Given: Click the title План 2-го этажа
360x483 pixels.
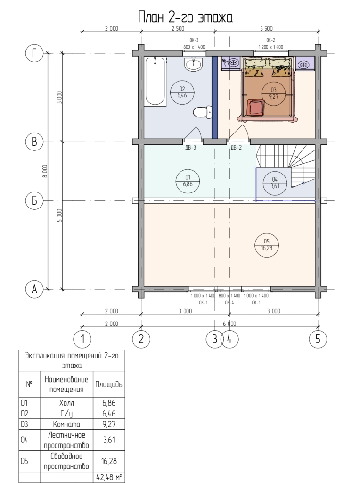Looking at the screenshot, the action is [185, 17].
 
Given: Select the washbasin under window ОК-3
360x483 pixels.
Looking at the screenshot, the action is [194, 64].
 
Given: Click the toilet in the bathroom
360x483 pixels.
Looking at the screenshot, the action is [203, 112].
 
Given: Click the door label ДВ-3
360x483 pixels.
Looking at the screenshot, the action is [190, 148].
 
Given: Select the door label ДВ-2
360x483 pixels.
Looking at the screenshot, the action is [236, 148].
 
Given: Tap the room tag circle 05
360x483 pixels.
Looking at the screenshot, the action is [266, 245].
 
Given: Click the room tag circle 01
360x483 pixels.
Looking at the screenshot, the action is [188, 181].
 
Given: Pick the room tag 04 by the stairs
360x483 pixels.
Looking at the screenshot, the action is [275, 183].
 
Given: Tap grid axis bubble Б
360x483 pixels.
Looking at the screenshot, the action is [34, 200].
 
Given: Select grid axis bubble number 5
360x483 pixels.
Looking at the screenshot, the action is [318, 339].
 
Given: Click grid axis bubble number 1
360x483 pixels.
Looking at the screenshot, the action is [82, 339].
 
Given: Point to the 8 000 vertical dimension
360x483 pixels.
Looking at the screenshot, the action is [45, 171].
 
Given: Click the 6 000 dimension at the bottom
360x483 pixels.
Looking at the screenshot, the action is [229, 324].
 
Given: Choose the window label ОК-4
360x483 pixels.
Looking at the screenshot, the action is [229, 302].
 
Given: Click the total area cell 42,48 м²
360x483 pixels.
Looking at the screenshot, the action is [109, 477].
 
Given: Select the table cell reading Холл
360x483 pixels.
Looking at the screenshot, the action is [66, 403].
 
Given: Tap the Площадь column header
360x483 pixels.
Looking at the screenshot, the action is [109, 384].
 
